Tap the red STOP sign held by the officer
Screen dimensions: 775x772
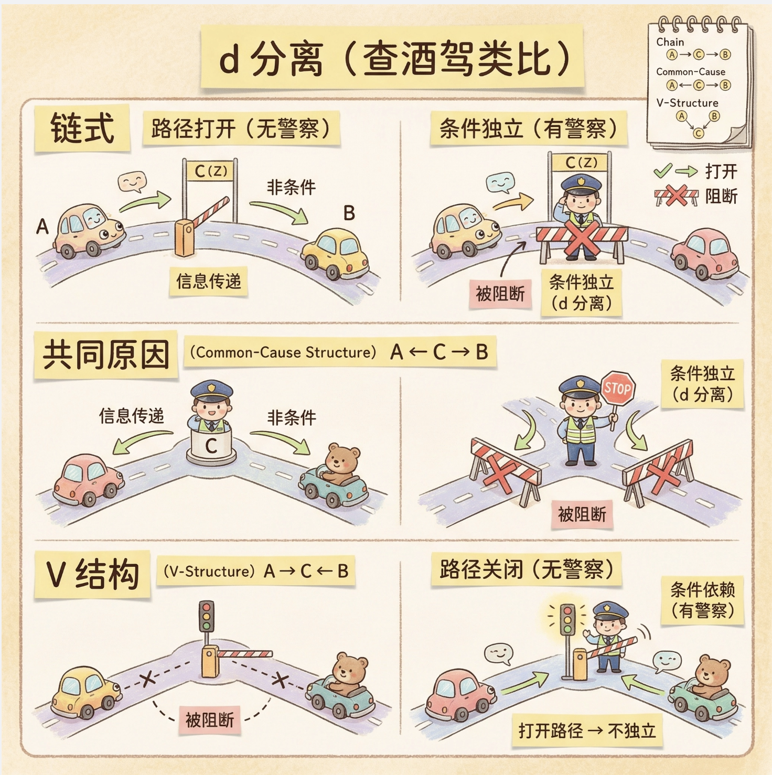coord(617,389)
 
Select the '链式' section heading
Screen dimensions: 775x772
coord(82,128)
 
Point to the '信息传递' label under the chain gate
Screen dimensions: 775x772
coord(208,282)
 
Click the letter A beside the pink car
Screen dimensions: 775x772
coord(42,227)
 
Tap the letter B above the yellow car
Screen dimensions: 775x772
coord(349,213)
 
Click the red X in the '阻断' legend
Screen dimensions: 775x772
coord(677,196)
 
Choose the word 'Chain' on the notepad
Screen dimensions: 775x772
coord(670,42)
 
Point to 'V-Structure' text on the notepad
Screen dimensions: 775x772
coord(687,103)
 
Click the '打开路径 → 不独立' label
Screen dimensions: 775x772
coord(587,730)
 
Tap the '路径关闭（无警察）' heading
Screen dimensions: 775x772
coord(526,569)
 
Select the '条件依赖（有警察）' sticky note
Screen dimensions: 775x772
coord(702,600)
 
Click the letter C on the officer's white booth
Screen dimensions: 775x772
coord(211,446)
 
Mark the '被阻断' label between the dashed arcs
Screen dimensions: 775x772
coord(209,720)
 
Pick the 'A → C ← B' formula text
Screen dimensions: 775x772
coord(306,571)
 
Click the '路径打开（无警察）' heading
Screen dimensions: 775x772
coord(241,128)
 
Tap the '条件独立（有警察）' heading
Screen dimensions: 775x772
coord(528,128)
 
